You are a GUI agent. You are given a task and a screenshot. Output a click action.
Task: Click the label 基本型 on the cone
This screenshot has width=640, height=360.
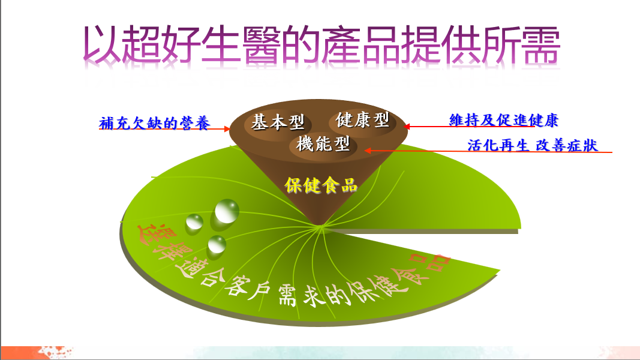pos(278,122)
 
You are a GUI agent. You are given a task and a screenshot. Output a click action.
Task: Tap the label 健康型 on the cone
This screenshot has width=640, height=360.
pos(362,119)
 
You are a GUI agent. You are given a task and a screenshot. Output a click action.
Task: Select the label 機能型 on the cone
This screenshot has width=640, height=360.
pos(323,143)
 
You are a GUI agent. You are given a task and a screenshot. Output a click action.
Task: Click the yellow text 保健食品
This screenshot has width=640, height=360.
pos(321,185)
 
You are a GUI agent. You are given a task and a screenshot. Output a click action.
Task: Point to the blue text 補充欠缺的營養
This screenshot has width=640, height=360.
pos(155,123)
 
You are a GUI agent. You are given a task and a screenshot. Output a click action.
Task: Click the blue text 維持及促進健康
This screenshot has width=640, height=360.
pos(504,120)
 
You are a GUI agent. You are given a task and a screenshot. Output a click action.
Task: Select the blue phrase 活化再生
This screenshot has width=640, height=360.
pos(498,145)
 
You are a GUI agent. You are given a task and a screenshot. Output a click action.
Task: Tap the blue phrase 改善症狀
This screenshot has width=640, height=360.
pos(567,145)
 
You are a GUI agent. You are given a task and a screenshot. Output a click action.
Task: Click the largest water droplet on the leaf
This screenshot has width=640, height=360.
pos(227,211)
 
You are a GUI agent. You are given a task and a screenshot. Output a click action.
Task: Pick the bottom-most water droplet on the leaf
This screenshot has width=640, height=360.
pos(217,244)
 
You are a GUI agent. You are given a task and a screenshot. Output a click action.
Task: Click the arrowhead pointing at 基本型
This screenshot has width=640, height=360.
pos(227,129)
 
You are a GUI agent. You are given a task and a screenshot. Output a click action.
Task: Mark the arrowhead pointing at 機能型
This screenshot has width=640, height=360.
pos(368,151)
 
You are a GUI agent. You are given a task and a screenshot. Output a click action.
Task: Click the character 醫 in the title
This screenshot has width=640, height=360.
pos(262,44)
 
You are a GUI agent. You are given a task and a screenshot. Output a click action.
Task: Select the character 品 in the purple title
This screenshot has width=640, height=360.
pos(381,44)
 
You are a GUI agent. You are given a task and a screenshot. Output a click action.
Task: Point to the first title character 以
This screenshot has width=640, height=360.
pos(102,44)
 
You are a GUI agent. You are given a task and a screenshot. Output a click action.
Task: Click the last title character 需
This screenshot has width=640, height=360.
pos(540,44)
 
